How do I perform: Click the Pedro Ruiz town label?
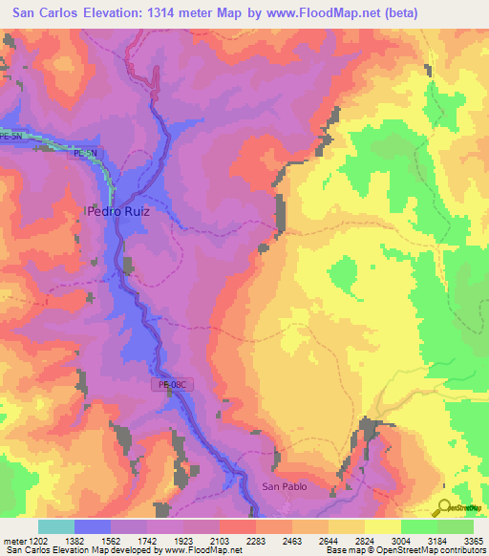click(x=118, y=212)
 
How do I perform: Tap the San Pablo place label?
click(x=284, y=487)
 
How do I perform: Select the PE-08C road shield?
click(x=173, y=384)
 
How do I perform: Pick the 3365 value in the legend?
click(x=474, y=541)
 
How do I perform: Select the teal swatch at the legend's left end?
click(x=56, y=526)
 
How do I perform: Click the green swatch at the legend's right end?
click(x=456, y=526)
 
